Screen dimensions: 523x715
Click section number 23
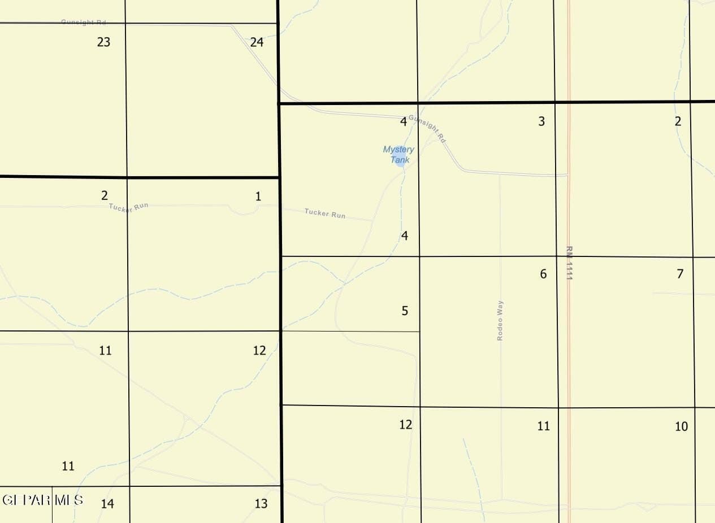[x=103, y=42]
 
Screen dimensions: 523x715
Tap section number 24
[x=257, y=42]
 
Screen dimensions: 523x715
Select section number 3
[x=541, y=121]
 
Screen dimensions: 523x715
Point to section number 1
[x=258, y=197]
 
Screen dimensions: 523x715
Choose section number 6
[x=543, y=274]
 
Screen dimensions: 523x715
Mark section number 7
[x=680, y=274]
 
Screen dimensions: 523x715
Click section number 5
[x=405, y=311]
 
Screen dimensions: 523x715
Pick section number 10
[x=681, y=426]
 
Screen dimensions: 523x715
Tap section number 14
[x=107, y=503]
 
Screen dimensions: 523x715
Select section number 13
[x=261, y=503]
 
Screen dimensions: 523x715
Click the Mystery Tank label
[x=399, y=155]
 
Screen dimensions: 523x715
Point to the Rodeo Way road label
[x=500, y=320]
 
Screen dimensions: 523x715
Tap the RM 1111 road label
[x=569, y=263]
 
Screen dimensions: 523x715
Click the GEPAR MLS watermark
[x=43, y=500]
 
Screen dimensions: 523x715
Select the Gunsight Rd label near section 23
[x=84, y=22]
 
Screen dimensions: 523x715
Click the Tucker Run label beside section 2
[x=129, y=207]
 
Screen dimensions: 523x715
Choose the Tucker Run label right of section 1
[x=325, y=213]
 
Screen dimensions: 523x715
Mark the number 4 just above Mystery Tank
[x=404, y=121]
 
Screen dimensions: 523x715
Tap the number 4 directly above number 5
[x=405, y=236]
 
